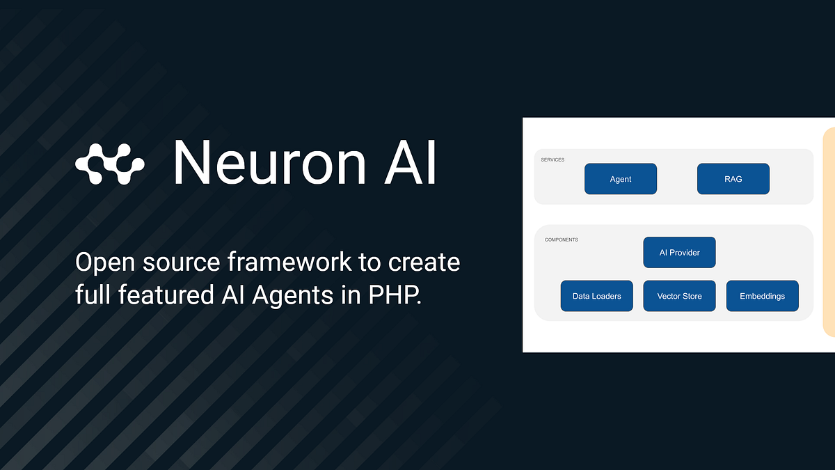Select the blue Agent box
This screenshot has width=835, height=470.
tap(620, 179)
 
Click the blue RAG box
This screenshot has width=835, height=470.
tap(733, 179)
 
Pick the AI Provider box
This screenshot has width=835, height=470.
tap(679, 253)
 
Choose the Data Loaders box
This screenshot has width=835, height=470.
tap(596, 296)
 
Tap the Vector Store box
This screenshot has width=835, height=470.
tap(679, 296)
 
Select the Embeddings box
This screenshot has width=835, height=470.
tap(762, 296)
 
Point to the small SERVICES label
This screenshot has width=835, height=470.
tap(552, 159)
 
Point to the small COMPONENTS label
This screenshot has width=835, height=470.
tap(561, 240)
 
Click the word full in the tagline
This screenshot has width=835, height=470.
tap(92, 295)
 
